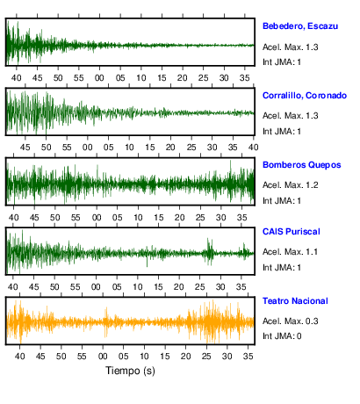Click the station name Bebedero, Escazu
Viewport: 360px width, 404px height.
(x=300, y=26)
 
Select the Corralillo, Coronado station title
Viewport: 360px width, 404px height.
(x=305, y=96)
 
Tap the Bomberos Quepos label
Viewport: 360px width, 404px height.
(x=302, y=165)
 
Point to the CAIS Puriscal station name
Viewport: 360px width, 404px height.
(x=292, y=232)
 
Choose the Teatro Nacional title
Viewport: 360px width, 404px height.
(x=295, y=301)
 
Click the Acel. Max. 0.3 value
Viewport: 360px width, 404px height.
(x=290, y=321)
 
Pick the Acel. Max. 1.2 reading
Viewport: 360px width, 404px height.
(x=290, y=185)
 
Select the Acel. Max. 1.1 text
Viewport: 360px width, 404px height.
(x=290, y=252)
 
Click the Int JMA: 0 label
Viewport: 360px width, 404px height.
(x=282, y=336)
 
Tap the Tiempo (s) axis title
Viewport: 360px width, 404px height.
(x=130, y=371)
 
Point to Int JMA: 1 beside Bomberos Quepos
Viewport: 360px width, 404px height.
(x=282, y=201)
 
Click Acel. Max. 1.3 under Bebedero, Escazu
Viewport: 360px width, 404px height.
(x=290, y=47)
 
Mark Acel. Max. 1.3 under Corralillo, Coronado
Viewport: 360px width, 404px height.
(x=290, y=116)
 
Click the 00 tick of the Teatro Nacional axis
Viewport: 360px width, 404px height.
(x=103, y=357)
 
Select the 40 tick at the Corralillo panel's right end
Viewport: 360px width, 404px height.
(x=254, y=148)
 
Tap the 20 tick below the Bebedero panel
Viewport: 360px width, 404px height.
(x=183, y=78)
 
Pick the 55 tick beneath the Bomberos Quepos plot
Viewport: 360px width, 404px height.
(x=76, y=218)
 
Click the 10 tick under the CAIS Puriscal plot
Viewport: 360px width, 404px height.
(x=138, y=287)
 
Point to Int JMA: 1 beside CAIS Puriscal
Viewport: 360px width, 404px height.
(x=282, y=268)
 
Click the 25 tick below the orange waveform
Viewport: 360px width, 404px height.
(x=206, y=357)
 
